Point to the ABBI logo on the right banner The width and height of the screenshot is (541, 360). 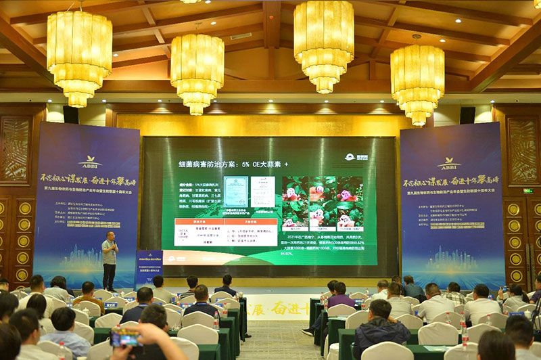coord(448,163)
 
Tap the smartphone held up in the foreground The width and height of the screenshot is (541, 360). coord(126,337)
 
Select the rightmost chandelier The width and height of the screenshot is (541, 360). coord(417,82)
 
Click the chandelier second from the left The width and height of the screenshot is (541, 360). coord(197,72)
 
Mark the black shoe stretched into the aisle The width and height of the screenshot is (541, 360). coord(308,332)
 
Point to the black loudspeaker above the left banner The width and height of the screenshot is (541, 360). coord(70,114)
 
